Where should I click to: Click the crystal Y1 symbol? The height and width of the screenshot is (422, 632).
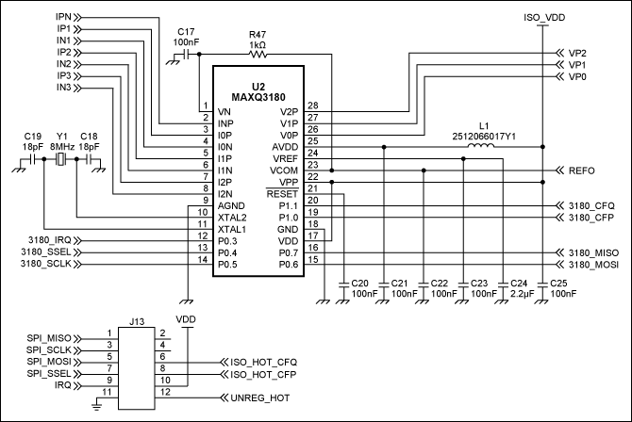click(x=61, y=161)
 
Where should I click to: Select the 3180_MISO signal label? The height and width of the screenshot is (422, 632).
click(x=593, y=253)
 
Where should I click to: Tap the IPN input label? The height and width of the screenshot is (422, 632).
click(x=65, y=17)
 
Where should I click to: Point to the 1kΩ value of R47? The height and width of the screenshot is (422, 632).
click(x=258, y=43)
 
